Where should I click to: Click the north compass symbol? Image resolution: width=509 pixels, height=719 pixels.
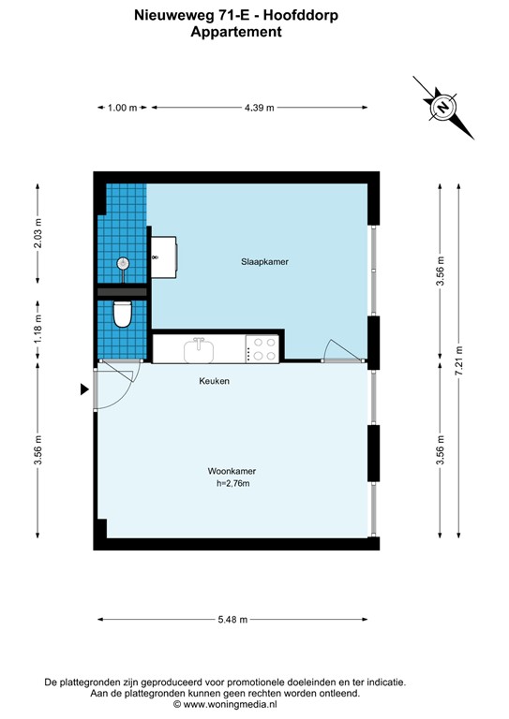[442, 108]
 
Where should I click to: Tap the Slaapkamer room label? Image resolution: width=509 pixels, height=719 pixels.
[258, 263]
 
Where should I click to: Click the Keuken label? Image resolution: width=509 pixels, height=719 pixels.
[214, 382]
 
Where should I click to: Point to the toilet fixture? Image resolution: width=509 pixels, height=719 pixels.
[121, 314]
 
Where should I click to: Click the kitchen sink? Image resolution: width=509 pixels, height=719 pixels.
[200, 350]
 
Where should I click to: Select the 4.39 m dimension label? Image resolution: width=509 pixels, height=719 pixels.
[259, 109]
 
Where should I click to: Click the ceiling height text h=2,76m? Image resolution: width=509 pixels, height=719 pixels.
[232, 484]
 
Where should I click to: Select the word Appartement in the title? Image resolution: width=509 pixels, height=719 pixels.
[235, 32]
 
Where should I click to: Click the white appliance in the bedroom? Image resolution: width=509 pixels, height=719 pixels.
[168, 254]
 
